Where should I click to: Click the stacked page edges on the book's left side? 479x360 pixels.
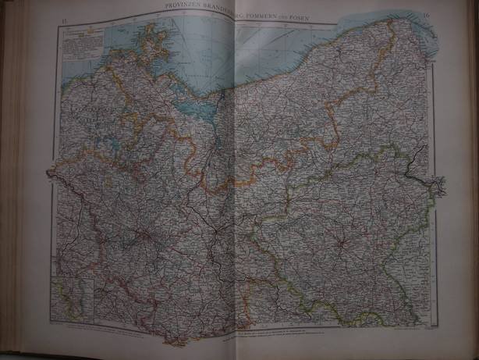[x=12, y=180]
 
